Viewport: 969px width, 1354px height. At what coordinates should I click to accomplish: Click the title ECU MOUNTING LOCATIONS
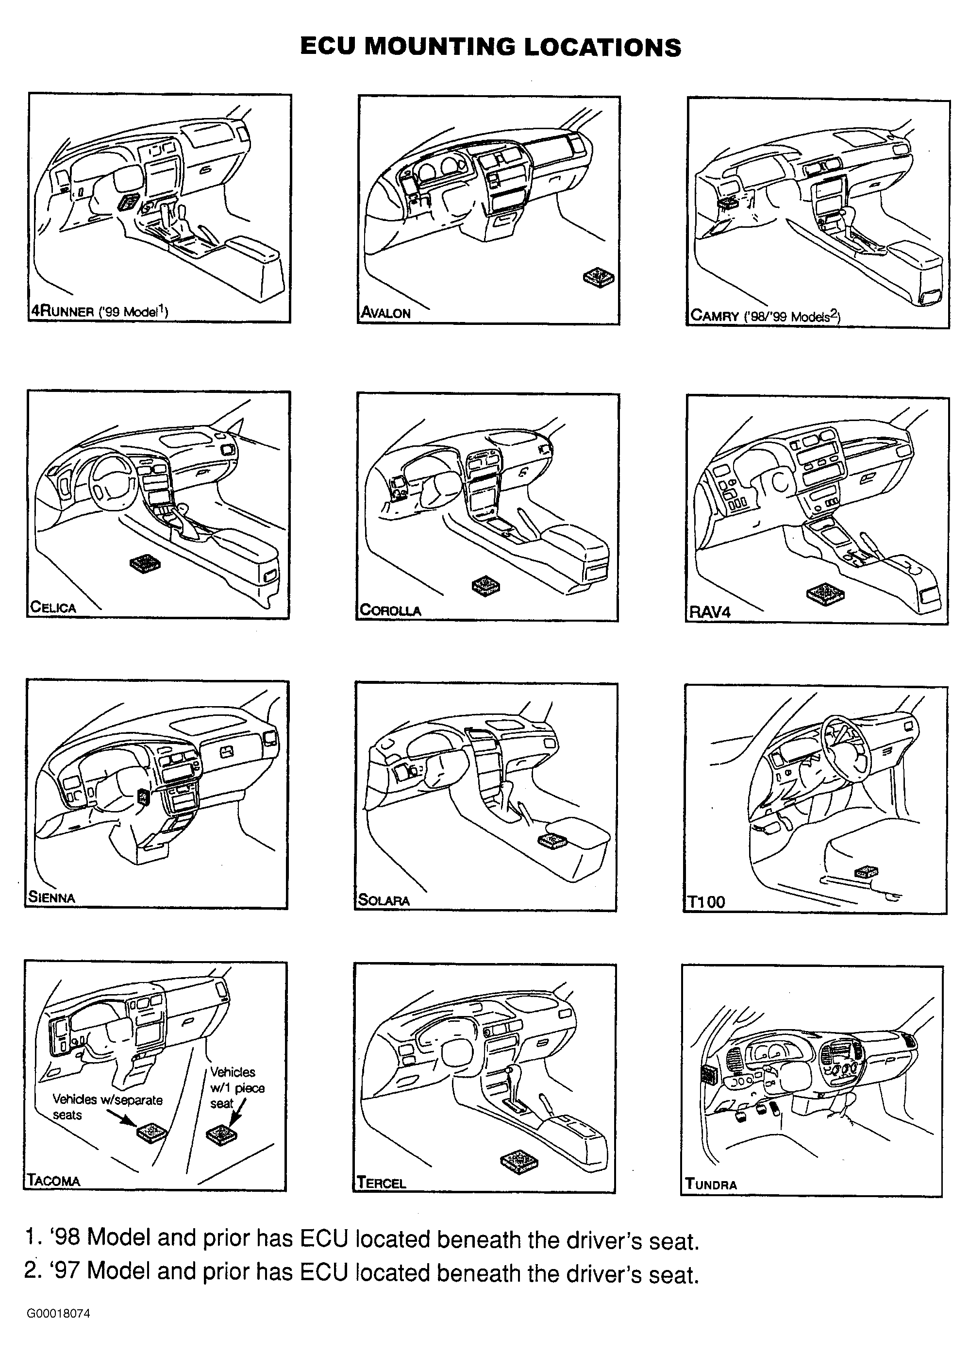click(490, 47)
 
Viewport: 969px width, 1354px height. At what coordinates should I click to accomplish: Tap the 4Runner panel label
click(100, 311)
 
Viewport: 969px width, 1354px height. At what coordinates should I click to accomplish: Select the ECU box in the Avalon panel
click(598, 276)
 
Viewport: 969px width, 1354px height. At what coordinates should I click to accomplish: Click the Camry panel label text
click(765, 316)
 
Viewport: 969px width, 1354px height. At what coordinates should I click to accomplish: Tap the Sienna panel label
click(52, 897)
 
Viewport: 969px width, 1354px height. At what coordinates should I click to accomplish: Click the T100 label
click(706, 902)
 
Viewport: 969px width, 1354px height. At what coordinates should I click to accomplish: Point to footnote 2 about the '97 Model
click(361, 1283)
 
